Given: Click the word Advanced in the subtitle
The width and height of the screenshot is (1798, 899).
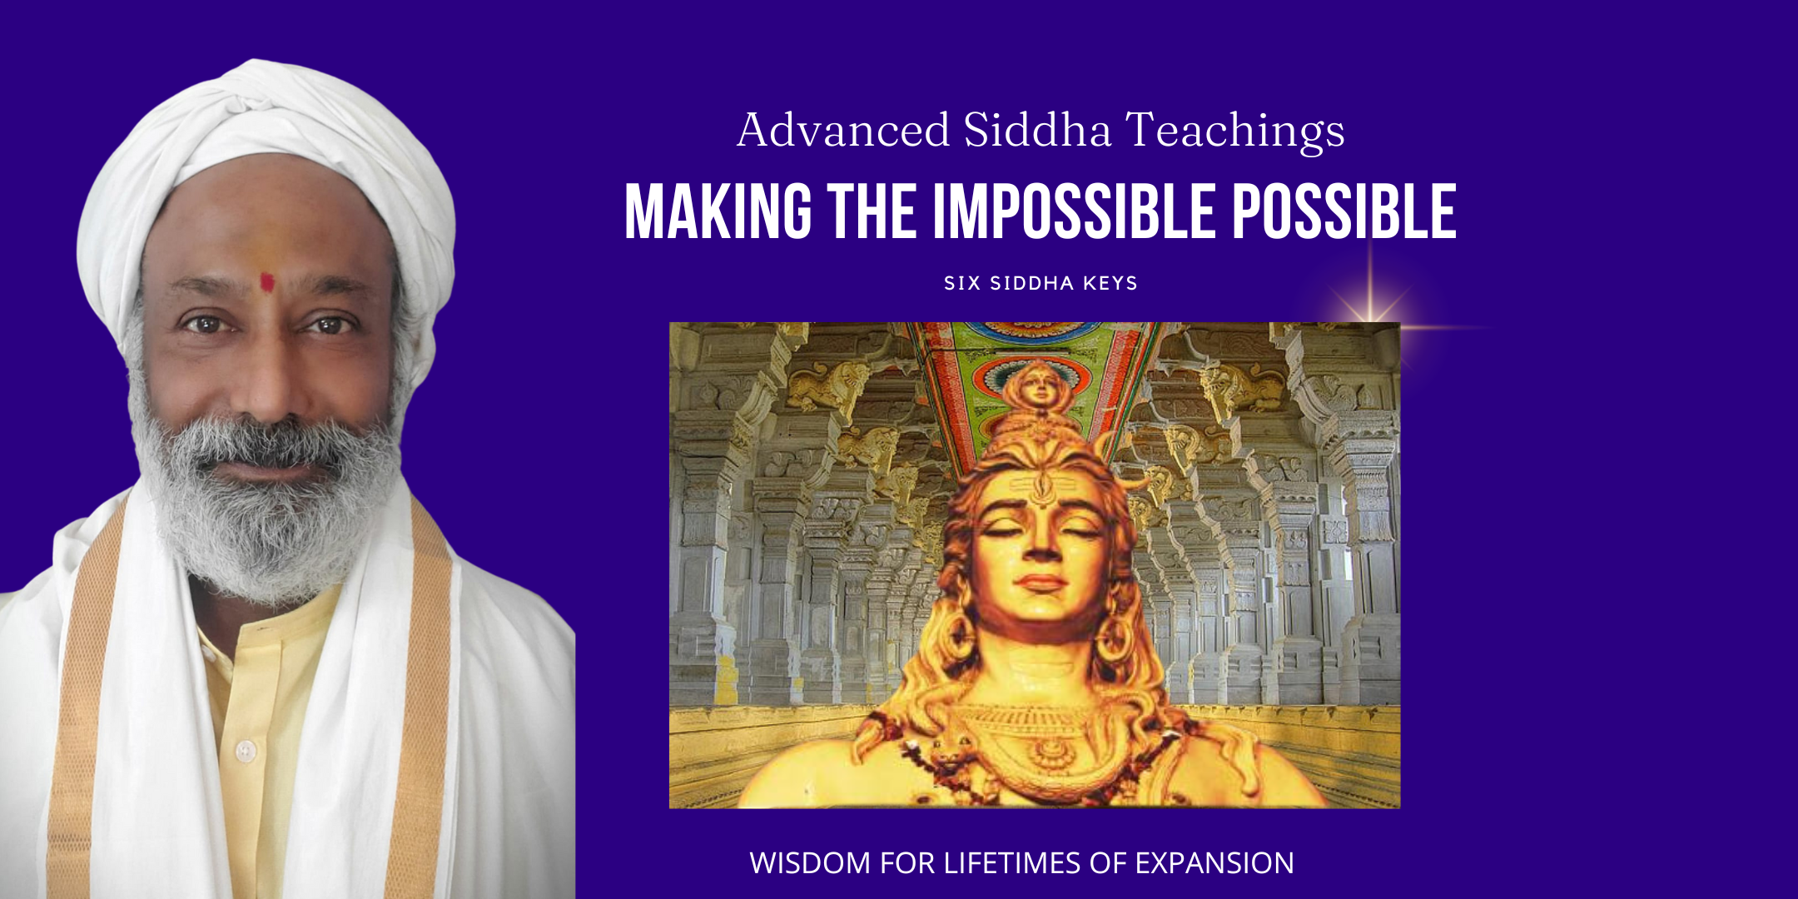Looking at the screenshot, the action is (843, 130).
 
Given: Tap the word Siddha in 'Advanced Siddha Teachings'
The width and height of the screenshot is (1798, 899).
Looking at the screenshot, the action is (1037, 130).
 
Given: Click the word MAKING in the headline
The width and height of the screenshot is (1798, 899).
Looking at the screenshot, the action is (718, 212).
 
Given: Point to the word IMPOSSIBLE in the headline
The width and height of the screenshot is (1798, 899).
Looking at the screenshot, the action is (1074, 212).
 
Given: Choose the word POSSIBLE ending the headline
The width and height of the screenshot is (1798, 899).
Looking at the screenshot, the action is (1344, 212).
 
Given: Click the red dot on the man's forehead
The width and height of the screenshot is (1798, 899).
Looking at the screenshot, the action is (266, 283).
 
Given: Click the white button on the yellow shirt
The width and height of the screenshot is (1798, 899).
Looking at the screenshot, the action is (245, 751).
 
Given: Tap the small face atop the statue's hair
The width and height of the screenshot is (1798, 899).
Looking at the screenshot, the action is (1036, 387).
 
